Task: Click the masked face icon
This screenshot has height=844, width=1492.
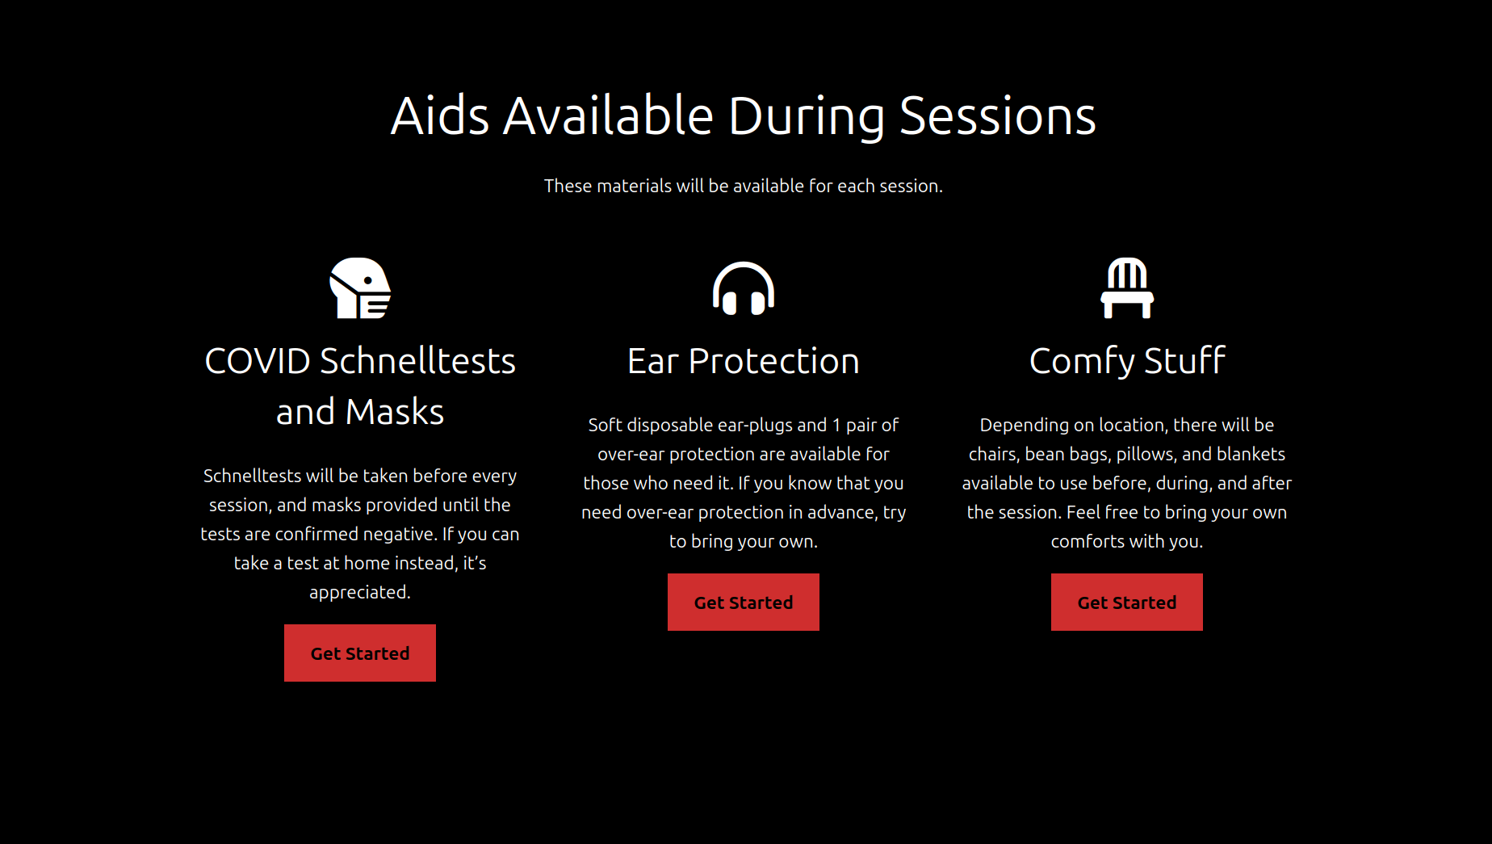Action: [360, 288]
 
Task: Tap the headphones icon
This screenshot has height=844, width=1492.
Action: [744, 288]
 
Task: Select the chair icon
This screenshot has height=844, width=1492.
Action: [1127, 288]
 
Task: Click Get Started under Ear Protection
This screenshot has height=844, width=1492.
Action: [744, 603]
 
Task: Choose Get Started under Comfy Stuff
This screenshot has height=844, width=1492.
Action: [1127, 603]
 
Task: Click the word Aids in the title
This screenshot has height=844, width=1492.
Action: [440, 115]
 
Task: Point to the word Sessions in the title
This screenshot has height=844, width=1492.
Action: [998, 115]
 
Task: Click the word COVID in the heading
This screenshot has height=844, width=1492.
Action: [258, 361]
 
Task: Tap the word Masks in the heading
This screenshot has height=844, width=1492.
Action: [395, 412]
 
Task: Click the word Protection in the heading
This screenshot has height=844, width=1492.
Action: [774, 361]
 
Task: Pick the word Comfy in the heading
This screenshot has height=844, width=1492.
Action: [1082, 362]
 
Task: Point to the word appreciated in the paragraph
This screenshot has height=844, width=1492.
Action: [359, 593]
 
